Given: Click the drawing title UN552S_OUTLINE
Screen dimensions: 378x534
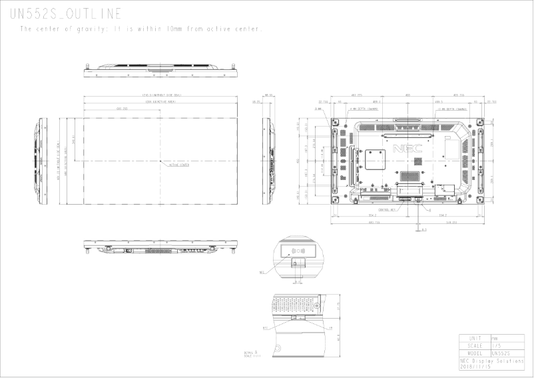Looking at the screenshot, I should [x=65, y=15].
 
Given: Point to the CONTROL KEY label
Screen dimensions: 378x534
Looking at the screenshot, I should [x=387, y=209].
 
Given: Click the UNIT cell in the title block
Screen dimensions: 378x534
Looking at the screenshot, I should [x=474, y=338].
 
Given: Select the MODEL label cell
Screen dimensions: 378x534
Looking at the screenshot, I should [x=474, y=353].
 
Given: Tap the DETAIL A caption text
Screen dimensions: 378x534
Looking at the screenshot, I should [x=251, y=351].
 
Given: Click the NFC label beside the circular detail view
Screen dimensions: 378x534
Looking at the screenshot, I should [x=262, y=273].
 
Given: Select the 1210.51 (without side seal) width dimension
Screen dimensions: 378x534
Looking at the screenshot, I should [x=161, y=95].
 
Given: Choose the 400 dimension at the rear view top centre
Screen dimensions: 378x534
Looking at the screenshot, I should [x=407, y=95].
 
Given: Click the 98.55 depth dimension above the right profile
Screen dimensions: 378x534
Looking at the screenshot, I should [x=270, y=95].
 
